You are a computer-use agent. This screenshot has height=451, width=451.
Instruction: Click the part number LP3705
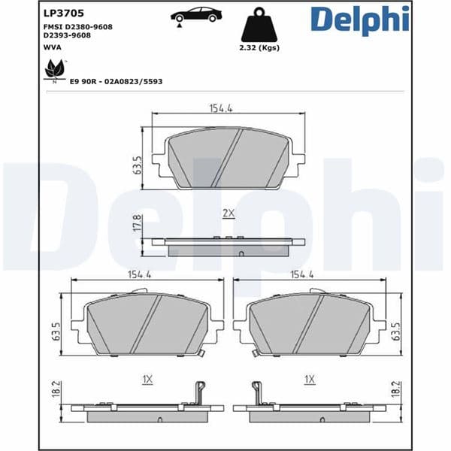point(64,13)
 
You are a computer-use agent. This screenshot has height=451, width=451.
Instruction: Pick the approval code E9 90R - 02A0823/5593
point(116,80)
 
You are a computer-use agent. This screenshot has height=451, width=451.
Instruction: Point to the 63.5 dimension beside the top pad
point(138,165)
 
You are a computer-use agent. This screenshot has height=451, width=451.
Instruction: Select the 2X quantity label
point(229,213)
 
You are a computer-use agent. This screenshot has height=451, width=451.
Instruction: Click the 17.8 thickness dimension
point(137,223)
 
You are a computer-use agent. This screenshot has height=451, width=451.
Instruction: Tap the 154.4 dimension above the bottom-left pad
point(141,275)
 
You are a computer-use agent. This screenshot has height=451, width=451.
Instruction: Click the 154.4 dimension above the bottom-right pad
point(301,275)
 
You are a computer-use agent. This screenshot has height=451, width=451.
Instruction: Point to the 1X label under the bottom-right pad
point(309,380)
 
